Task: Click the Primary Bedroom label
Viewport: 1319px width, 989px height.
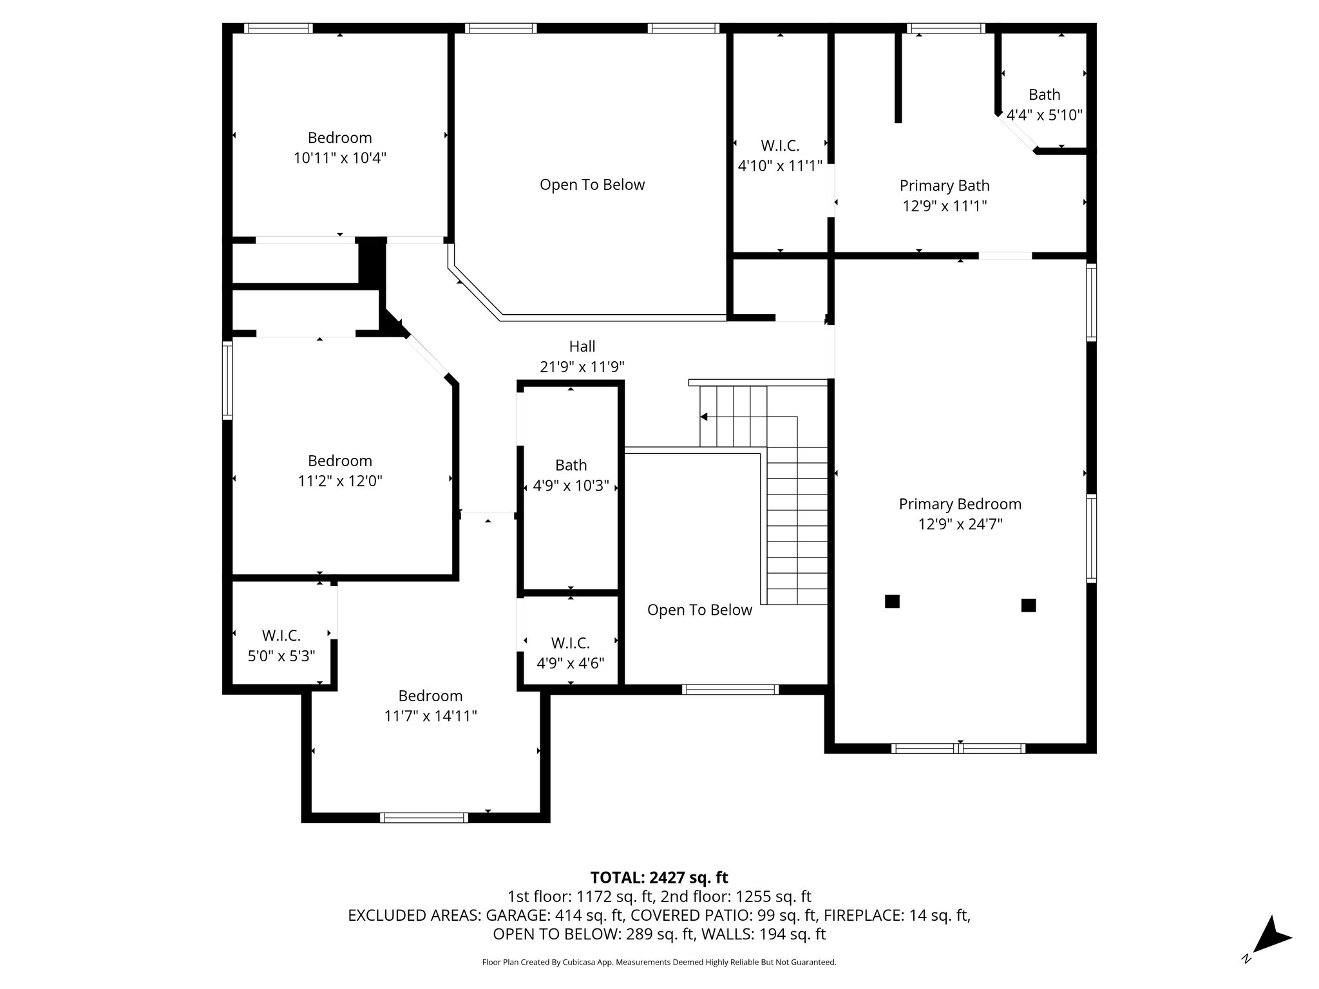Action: (960, 504)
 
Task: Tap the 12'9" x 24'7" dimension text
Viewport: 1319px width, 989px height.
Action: (960, 525)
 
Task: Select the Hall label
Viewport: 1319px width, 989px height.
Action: (582, 346)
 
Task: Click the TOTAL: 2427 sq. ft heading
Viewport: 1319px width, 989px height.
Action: (659, 878)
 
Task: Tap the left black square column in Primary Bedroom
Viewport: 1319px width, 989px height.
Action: (892, 601)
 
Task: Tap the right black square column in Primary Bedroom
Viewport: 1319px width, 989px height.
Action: (1029, 605)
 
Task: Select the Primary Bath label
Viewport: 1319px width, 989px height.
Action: (944, 186)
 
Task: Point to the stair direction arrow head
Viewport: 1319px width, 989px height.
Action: (704, 417)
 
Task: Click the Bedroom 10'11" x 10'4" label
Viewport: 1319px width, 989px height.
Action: (339, 147)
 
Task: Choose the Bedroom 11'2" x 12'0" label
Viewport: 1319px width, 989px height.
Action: (339, 471)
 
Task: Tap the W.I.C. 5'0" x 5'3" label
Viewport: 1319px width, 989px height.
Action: (281, 646)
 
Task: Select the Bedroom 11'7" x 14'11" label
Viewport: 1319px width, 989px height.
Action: (430, 706)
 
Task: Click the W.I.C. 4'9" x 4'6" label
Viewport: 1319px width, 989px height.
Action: (570, 653)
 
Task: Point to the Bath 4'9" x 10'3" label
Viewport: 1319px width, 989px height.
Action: (571, 475)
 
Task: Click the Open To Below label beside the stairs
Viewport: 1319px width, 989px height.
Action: (699, 610)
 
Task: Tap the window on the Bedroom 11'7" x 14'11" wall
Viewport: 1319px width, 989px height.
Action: (424, 818)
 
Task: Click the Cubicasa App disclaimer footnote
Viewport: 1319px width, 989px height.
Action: (659, 963)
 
